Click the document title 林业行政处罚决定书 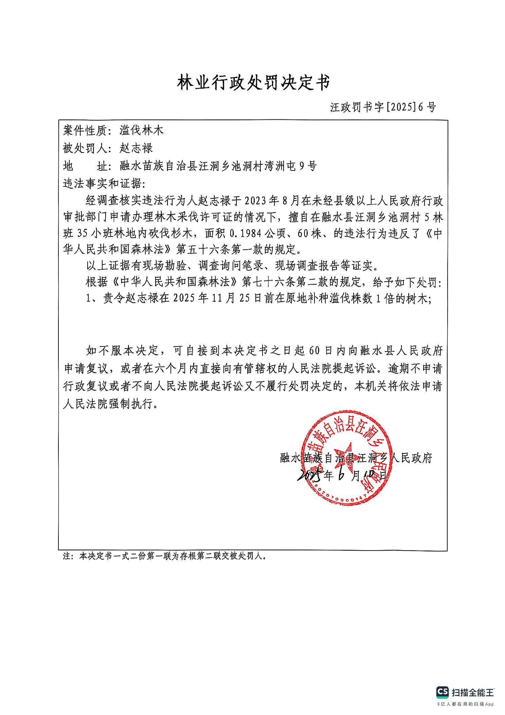pyautogui.click(x=253, y=83)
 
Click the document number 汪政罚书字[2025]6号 pyautogui.click(x=383, y=107)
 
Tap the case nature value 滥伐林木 pyautogui.click(x=142, y=130)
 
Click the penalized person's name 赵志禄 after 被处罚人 pyautogui.click(x=136, y=148)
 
